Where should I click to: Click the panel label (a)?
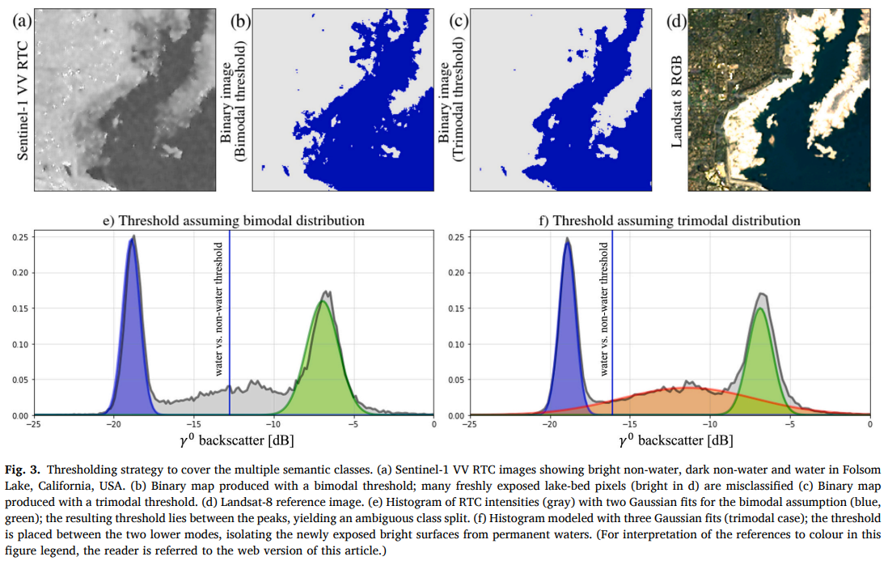[22, 22]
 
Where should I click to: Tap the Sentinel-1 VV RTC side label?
[22, 101]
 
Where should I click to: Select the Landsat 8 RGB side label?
[676, 102]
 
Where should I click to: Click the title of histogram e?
[234, 220]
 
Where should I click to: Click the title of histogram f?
[670, 220]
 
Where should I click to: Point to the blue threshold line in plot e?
[230, 323]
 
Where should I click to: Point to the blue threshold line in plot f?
[612, 323]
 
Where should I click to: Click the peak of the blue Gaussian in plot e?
[132, 239]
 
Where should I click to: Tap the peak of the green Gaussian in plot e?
[322, 301]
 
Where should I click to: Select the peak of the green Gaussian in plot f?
[760, 309]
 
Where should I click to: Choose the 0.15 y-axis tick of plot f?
[456, 309]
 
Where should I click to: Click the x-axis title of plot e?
[237, 440]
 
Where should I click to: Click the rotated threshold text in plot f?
[603, 309]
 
